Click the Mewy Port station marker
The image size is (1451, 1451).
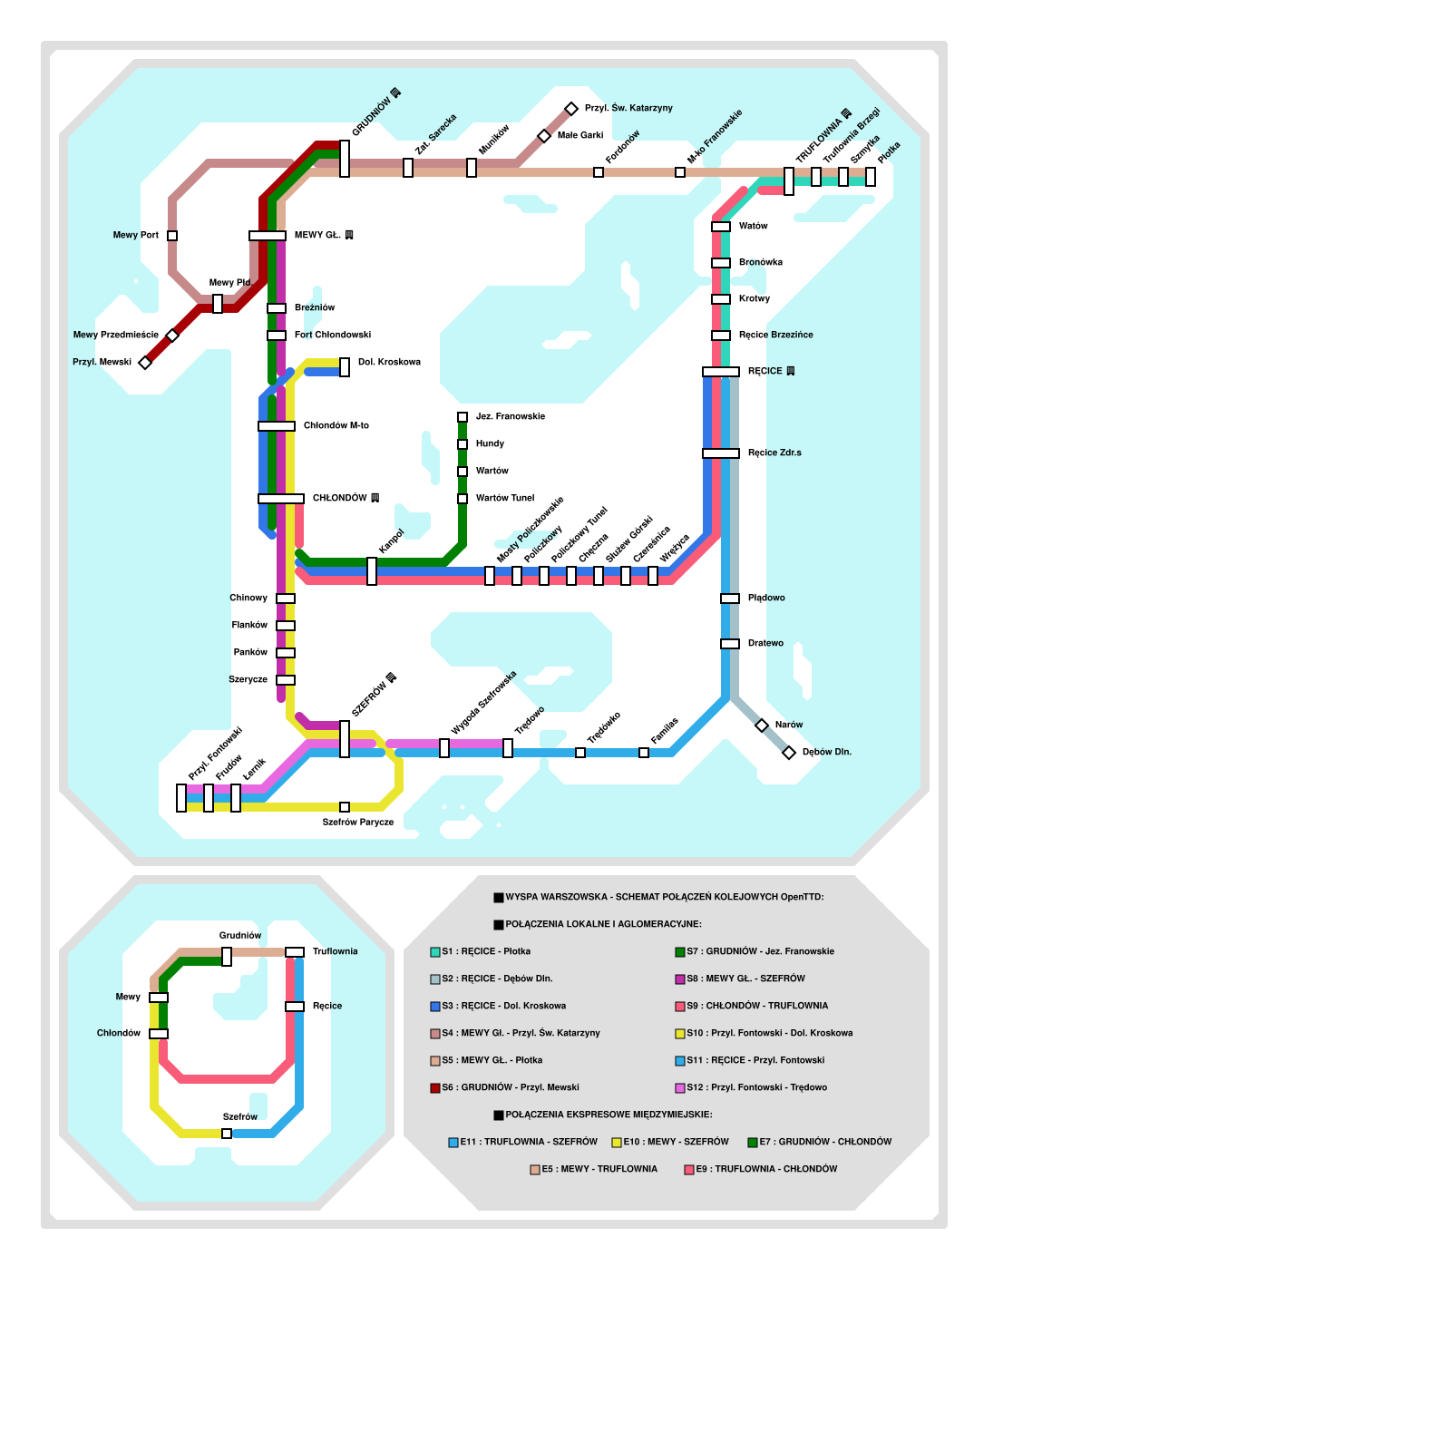pos(172,236)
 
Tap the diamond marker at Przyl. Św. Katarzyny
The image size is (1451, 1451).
pos(571,109)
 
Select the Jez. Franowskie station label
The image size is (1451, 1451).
pos(510,417)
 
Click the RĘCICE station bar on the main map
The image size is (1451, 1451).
pos(721,372)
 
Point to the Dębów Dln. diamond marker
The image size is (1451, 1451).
pos(789,753)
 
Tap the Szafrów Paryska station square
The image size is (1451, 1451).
pos(345,807)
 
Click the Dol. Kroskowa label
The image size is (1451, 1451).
pos(389,363)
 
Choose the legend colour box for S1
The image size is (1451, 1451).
pos(435,952)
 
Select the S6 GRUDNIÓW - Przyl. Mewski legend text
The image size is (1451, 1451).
pos(511,1087)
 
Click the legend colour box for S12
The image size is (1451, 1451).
pos(680,1088)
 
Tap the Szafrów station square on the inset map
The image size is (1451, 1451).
pos(227,1134)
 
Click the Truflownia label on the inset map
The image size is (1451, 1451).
pos(335,952)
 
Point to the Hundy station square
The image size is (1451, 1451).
pos(463,444)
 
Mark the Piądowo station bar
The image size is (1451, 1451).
pos(730,599)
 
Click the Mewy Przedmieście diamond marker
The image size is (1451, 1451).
pos(172,336)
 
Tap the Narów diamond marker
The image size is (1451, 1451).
pos(762,725)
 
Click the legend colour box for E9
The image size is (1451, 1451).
pos(689,1170)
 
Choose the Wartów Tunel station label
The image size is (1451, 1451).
pos(504,499)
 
